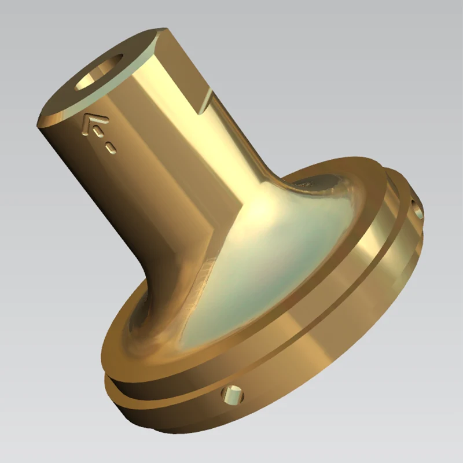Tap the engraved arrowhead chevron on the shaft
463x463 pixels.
[x=94, y=122]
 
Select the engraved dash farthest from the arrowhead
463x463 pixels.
[x=111, y=149]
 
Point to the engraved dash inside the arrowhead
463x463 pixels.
[x=99, y=132]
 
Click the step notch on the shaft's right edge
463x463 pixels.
[x=202, y=104]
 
